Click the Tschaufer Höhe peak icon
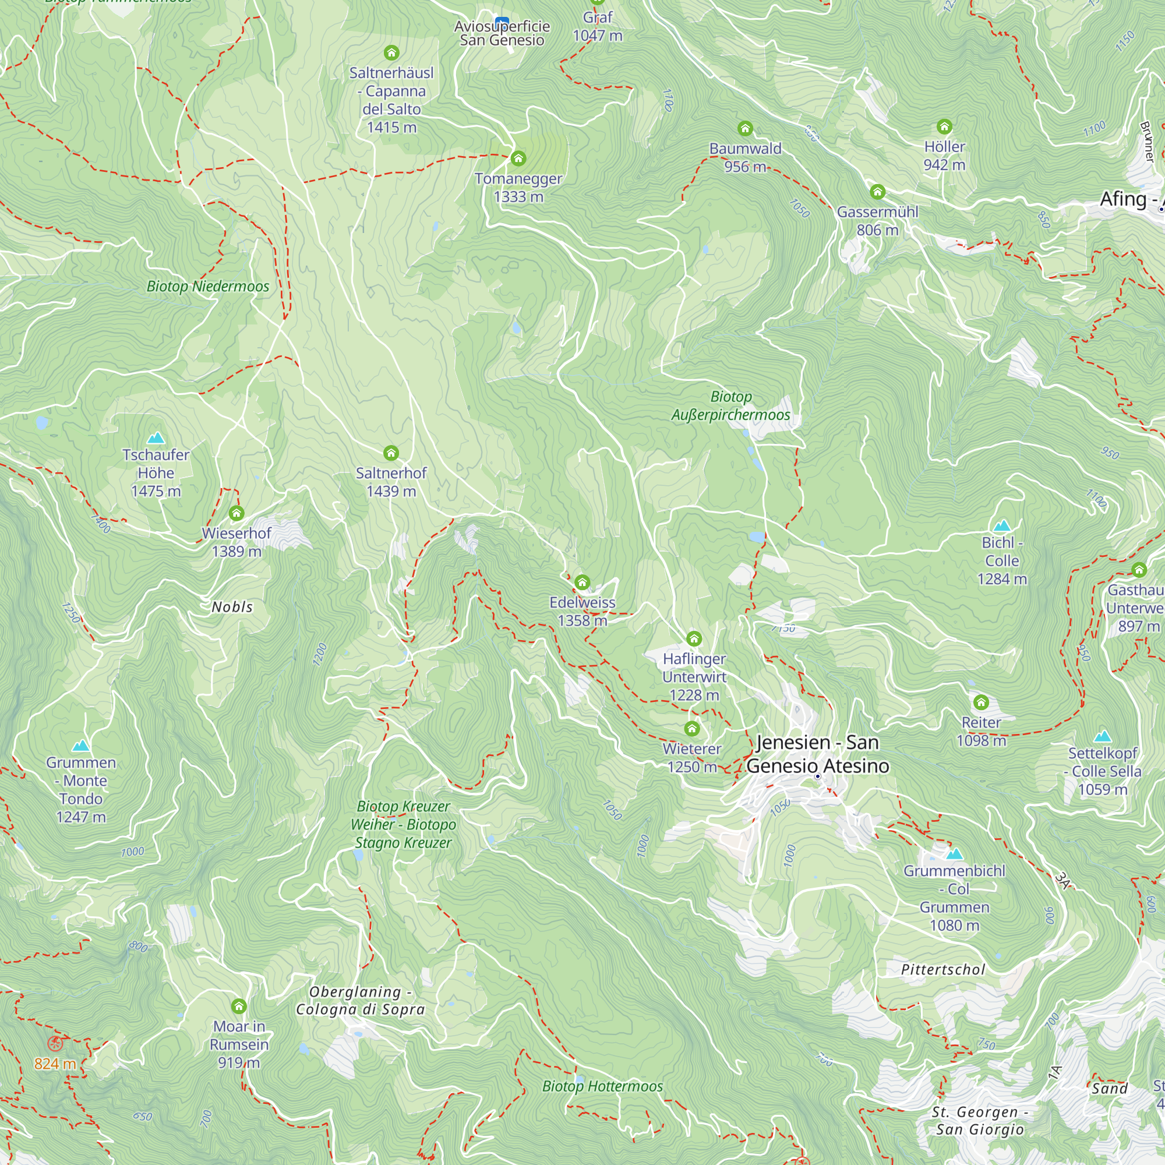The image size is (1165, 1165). (x=156, y=438)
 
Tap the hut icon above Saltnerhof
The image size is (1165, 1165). (x=391, y=453)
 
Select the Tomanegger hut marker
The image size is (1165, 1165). (x=518, y=158)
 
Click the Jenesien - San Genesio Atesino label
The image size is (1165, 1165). (x=817, y=754)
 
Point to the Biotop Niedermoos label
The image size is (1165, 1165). (x=208, y=287)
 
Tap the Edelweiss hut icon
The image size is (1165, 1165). (x=582, y=582)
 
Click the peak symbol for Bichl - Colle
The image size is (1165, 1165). (x=1001, y=525)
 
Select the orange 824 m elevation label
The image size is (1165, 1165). (x=55, y=1064)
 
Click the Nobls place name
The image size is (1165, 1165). (x=232, y=607)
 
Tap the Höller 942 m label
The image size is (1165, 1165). (x=944, y=156)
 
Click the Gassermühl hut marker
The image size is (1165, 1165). (x=877, y=192)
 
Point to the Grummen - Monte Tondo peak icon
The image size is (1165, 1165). (x=81, y=746)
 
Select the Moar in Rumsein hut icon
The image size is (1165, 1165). (x=239, y=1006)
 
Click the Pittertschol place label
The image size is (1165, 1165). (x=942, y=970)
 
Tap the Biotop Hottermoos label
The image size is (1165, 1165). (x=602, y=1086)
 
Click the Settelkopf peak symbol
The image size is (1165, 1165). (x=1102, y=736)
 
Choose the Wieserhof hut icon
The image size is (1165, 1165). (x=236, y=513)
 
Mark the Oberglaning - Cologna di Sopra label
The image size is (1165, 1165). (x=360, y=1000)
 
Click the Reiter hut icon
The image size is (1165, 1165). (x=981, y=702)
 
